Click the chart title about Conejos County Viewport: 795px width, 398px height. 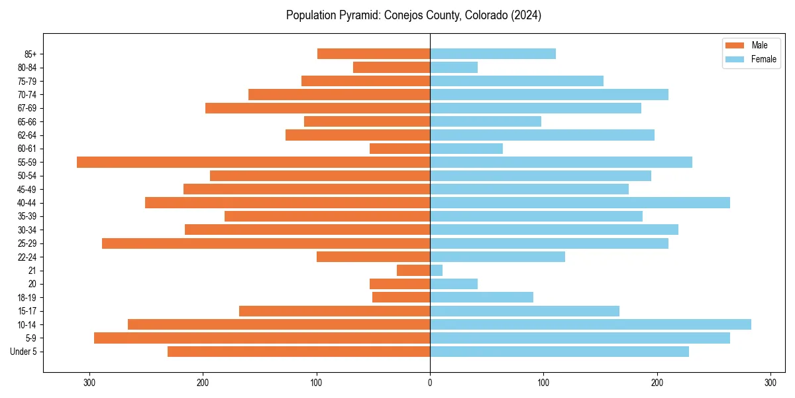tap(413, 15)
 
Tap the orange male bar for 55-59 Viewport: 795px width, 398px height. tap(253, 162)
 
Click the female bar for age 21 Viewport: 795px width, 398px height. tap(436, 270)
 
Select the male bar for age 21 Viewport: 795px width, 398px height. tap(413, 270)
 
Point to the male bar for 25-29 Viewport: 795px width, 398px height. tap(266, 243)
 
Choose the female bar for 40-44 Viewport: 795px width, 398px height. tap(580, 202)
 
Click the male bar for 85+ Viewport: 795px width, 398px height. tap(374, 54)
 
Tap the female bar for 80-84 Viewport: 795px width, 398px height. tap(454, 67)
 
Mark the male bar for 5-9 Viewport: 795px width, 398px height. tap(262, 338)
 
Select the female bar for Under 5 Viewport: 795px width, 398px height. tap(559, 352)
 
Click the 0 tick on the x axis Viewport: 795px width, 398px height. tap(430, 383)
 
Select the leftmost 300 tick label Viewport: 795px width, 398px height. tap(89, 383)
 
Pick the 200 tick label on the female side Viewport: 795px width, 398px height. tap(657, 383)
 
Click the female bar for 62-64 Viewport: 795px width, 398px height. tap(542, 135)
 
